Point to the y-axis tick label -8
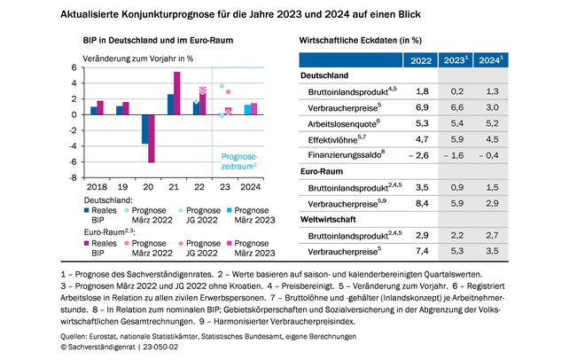tap(76, 177)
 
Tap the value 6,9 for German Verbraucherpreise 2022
tap(423, 106)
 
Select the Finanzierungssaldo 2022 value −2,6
tap(419, 155)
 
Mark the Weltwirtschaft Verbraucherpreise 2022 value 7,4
tap(423, 252)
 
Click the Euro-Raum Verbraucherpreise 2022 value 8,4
tap(423, 203)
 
